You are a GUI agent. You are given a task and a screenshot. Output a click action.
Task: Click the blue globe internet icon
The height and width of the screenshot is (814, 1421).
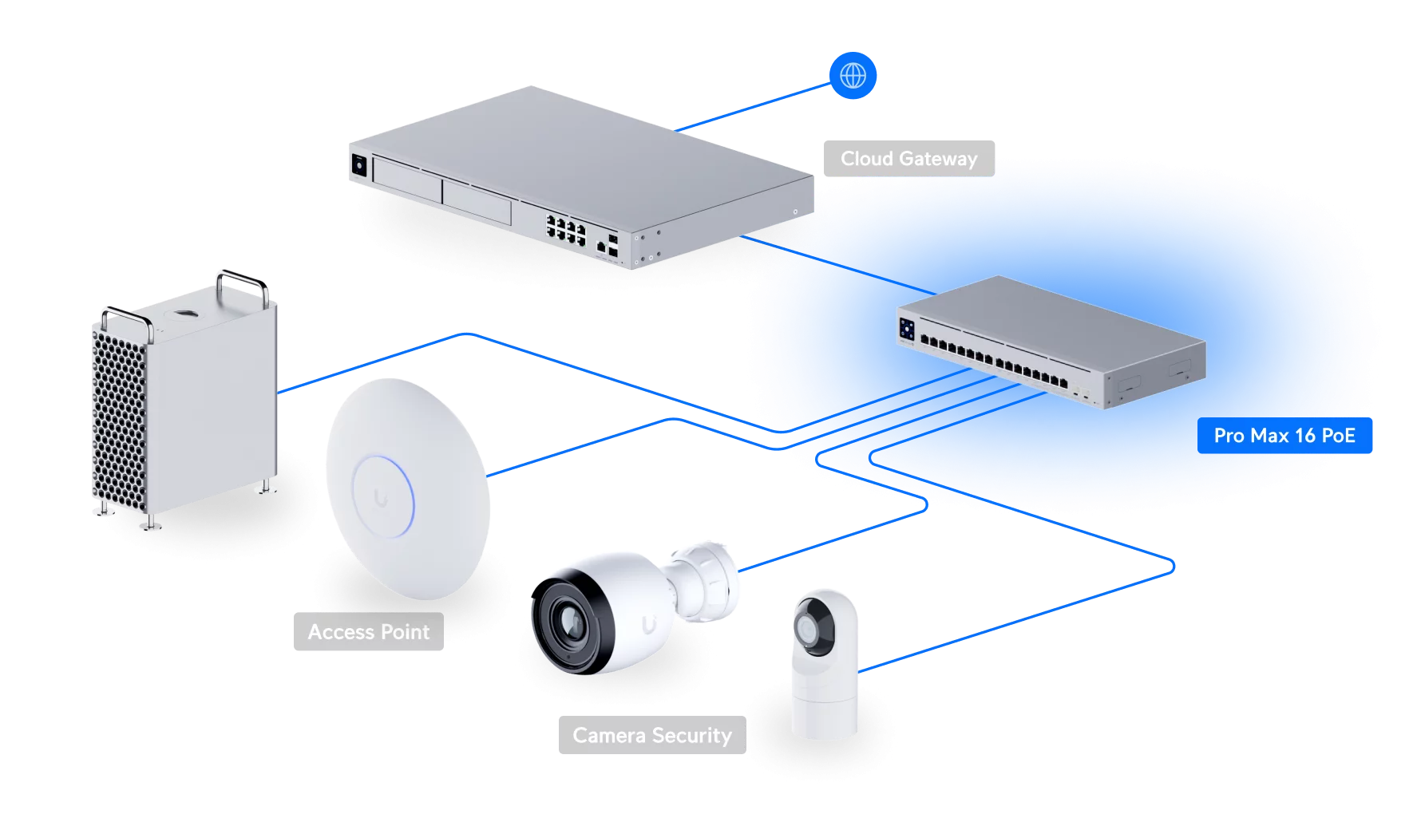tap(853, 76)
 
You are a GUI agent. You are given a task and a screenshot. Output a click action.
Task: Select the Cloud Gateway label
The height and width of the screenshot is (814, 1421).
tap(908, 158)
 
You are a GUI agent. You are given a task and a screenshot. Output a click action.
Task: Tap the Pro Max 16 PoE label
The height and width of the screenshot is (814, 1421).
tap(1284, 435)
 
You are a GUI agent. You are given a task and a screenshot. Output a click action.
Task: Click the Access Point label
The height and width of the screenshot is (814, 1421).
tap(368, 631)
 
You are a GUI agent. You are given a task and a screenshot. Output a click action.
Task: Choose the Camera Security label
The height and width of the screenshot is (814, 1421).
tap(652, 735)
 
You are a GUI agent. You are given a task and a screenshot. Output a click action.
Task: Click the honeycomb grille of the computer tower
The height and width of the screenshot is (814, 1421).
tap(120, 423)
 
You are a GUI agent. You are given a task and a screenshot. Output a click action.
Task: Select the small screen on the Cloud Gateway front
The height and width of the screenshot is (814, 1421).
tap(359, 164)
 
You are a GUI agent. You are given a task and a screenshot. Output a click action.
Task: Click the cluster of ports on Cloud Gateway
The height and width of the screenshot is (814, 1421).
tap(565, 229)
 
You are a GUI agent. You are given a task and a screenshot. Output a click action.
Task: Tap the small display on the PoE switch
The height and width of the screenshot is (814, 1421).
tap(907, 328)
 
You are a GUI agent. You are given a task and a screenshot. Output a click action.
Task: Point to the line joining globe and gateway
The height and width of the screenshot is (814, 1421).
tap(754, 106)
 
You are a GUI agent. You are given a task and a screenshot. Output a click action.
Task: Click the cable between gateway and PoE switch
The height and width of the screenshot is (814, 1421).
tap(838, 265)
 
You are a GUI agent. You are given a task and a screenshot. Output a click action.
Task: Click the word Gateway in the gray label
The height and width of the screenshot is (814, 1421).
tap(938, 159)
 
